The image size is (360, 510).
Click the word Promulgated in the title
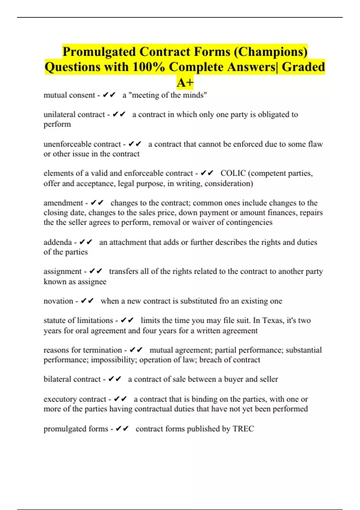coord(99,52)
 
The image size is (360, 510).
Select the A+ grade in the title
coord(185,82)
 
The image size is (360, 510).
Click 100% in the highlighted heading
coord(148,67)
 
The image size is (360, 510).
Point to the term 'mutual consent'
coord(69,95)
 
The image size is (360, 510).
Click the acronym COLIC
coord(233,173)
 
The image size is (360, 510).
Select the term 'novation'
coord(58,301)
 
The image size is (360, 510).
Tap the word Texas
coord(273,320)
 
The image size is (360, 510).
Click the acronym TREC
coord(243,429)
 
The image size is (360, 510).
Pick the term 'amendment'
coord(63,203)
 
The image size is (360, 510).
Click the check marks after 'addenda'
coord(86,242)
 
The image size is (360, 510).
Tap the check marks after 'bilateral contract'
coord(115,379)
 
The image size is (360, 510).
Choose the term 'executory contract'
coord(75,399)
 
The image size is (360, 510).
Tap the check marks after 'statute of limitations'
coord(127,320)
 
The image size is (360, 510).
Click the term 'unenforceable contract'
coord(82,144)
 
